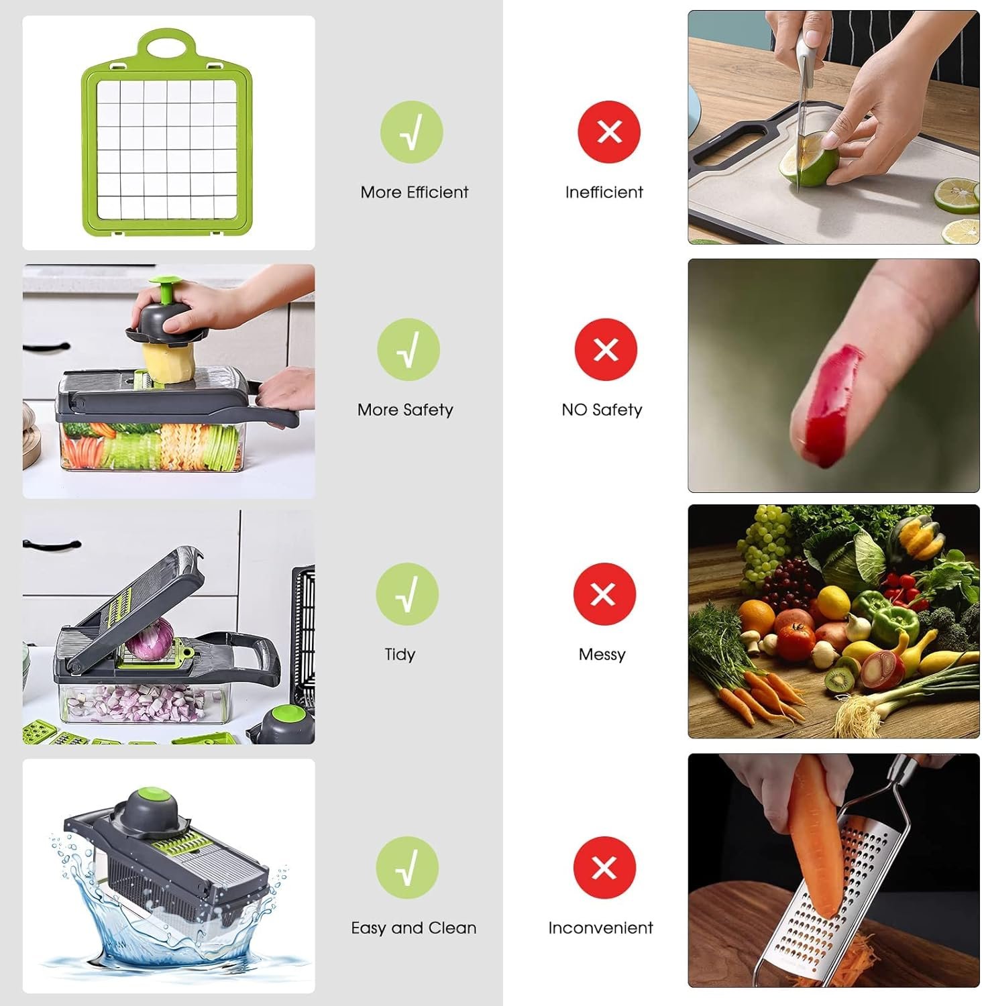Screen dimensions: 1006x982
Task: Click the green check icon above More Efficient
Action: [x=411, y=132]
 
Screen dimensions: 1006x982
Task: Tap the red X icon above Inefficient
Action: [x=609, y=132]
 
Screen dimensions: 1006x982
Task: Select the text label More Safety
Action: [x=405, y=410]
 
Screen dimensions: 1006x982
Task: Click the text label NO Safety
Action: [x=602, y=410]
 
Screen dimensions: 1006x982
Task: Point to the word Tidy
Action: [x=400, y=655]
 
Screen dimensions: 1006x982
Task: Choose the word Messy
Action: [x=602, y=655]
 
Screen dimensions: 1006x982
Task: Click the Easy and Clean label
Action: [x=414, y=928]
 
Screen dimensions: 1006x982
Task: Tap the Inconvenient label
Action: [x=600, y=928]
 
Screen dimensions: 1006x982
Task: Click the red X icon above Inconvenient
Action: [x=604, y=868]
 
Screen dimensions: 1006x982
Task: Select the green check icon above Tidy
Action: [x=407, y=594]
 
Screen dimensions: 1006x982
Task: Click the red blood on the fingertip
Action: [x=832, y=402]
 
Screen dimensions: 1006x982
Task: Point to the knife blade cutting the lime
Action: [x=801, y=134]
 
